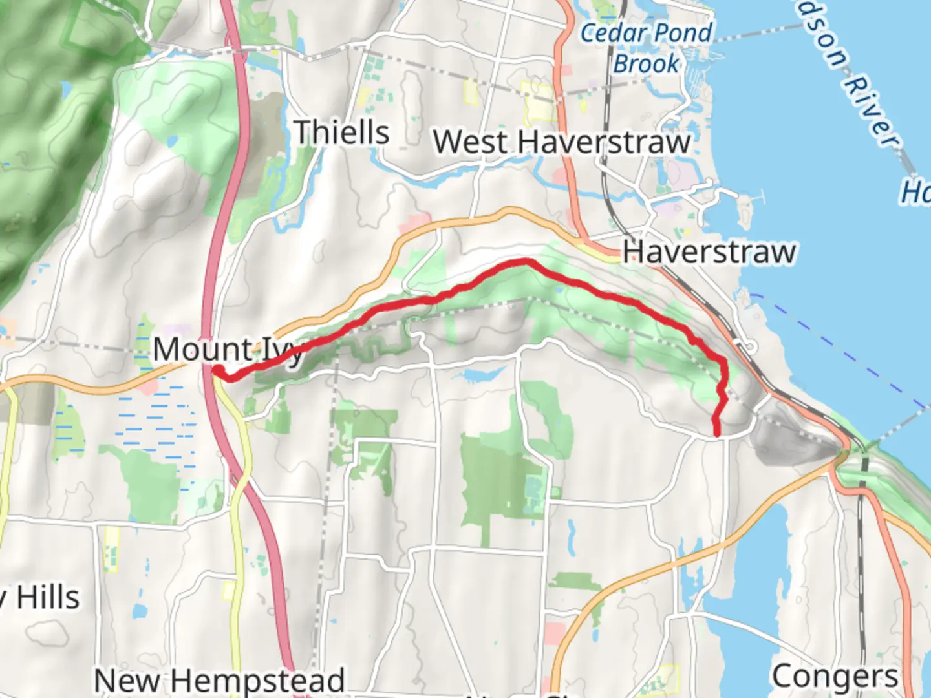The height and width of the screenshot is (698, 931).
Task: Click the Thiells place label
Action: [342, 132]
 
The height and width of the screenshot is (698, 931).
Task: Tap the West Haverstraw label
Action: [562, 142]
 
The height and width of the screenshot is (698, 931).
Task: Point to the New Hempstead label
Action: [219, 681]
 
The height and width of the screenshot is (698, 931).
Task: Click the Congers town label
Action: [835, 677]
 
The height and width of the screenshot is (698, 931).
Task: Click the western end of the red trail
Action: [219, 370]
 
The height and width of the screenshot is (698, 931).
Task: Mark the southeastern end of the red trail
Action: [717, 434]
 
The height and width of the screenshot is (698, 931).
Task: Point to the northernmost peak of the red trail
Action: [525, 261]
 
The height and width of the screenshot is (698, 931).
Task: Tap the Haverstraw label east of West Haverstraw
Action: [709, 251]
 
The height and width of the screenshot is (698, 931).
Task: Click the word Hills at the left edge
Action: [48, 597]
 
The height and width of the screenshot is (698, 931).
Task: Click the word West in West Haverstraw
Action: [473, 142]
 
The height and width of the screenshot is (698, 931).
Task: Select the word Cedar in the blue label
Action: [612, 33]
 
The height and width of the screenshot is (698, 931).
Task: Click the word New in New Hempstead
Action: [126, 681]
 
